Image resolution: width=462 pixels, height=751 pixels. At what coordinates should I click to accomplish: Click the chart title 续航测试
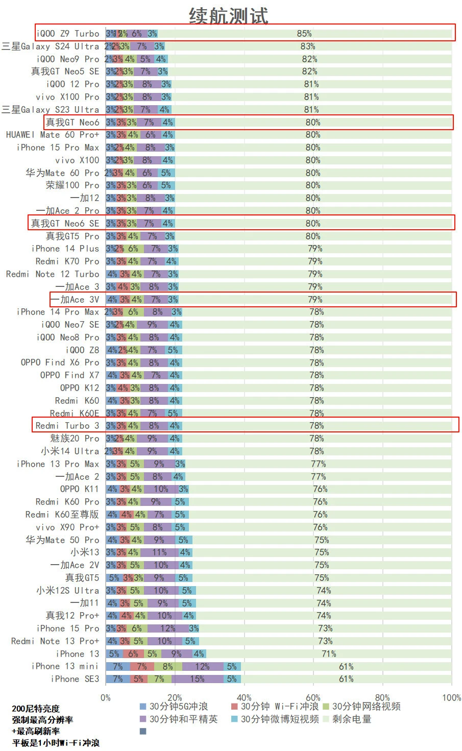click(228, 15)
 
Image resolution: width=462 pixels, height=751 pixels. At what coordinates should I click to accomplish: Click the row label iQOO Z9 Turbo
click(68, 34)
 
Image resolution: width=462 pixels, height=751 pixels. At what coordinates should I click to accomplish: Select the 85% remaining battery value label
click(304, 34)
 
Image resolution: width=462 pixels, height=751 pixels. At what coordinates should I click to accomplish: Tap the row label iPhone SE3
click(75, 679)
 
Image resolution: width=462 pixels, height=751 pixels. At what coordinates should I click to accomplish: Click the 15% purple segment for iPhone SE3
click(197, 679)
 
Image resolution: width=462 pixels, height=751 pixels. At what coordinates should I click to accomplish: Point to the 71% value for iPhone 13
click(329, 653)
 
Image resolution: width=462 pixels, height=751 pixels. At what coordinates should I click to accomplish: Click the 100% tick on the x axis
click(451, 697)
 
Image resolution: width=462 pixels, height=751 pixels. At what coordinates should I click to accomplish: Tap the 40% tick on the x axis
click(244, 697)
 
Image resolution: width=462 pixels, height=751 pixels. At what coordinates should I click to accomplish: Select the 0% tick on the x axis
click(106, 697)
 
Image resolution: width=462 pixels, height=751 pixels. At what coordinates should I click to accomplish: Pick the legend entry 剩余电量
click(352, 719)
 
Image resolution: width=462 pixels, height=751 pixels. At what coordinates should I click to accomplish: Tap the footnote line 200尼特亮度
click(36, 709)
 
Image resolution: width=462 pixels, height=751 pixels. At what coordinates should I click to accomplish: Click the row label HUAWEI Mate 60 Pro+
click(53, 135)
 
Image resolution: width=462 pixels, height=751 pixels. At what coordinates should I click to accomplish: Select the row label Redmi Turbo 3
click(67, 426)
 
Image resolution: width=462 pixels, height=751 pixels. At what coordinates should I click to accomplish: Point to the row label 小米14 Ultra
click(70, 451)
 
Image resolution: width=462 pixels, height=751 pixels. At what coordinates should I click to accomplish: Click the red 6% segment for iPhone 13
click(133, 653)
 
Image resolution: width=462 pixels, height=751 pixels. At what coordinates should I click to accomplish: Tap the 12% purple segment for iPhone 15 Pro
click(167, 628)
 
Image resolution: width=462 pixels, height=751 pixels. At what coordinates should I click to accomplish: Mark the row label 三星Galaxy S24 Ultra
click(51, 46)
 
